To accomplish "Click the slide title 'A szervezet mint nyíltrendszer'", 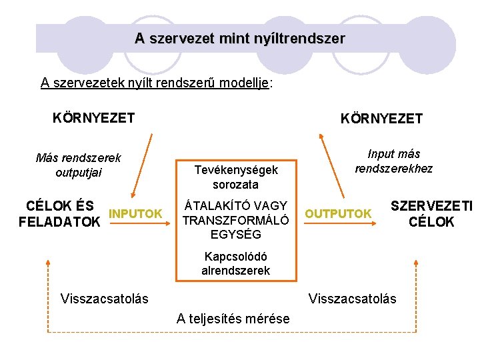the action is click(x=240, y=39).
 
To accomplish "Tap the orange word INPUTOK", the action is click(x=135, y=213).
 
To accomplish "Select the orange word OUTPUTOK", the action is click(x=338, y=213).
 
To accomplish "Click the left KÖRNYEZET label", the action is click(x=93, y=118).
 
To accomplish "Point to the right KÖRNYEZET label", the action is click(x=381, y=119).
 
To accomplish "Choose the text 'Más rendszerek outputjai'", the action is click(x=78, y=165).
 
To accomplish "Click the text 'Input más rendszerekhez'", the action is click(x=393, y=161).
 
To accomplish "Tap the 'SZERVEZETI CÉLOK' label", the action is click(x=431, y=213).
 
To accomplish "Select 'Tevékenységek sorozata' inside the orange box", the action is click(x=235, y=177).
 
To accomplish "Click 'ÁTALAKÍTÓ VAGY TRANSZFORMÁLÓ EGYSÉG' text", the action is click(x=235, y=220).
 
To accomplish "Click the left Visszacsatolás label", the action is click(x=104, y=298).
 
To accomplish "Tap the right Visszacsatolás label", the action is click(x=352, y=298).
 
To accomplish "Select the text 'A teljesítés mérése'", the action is click(x=233, y=319).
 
